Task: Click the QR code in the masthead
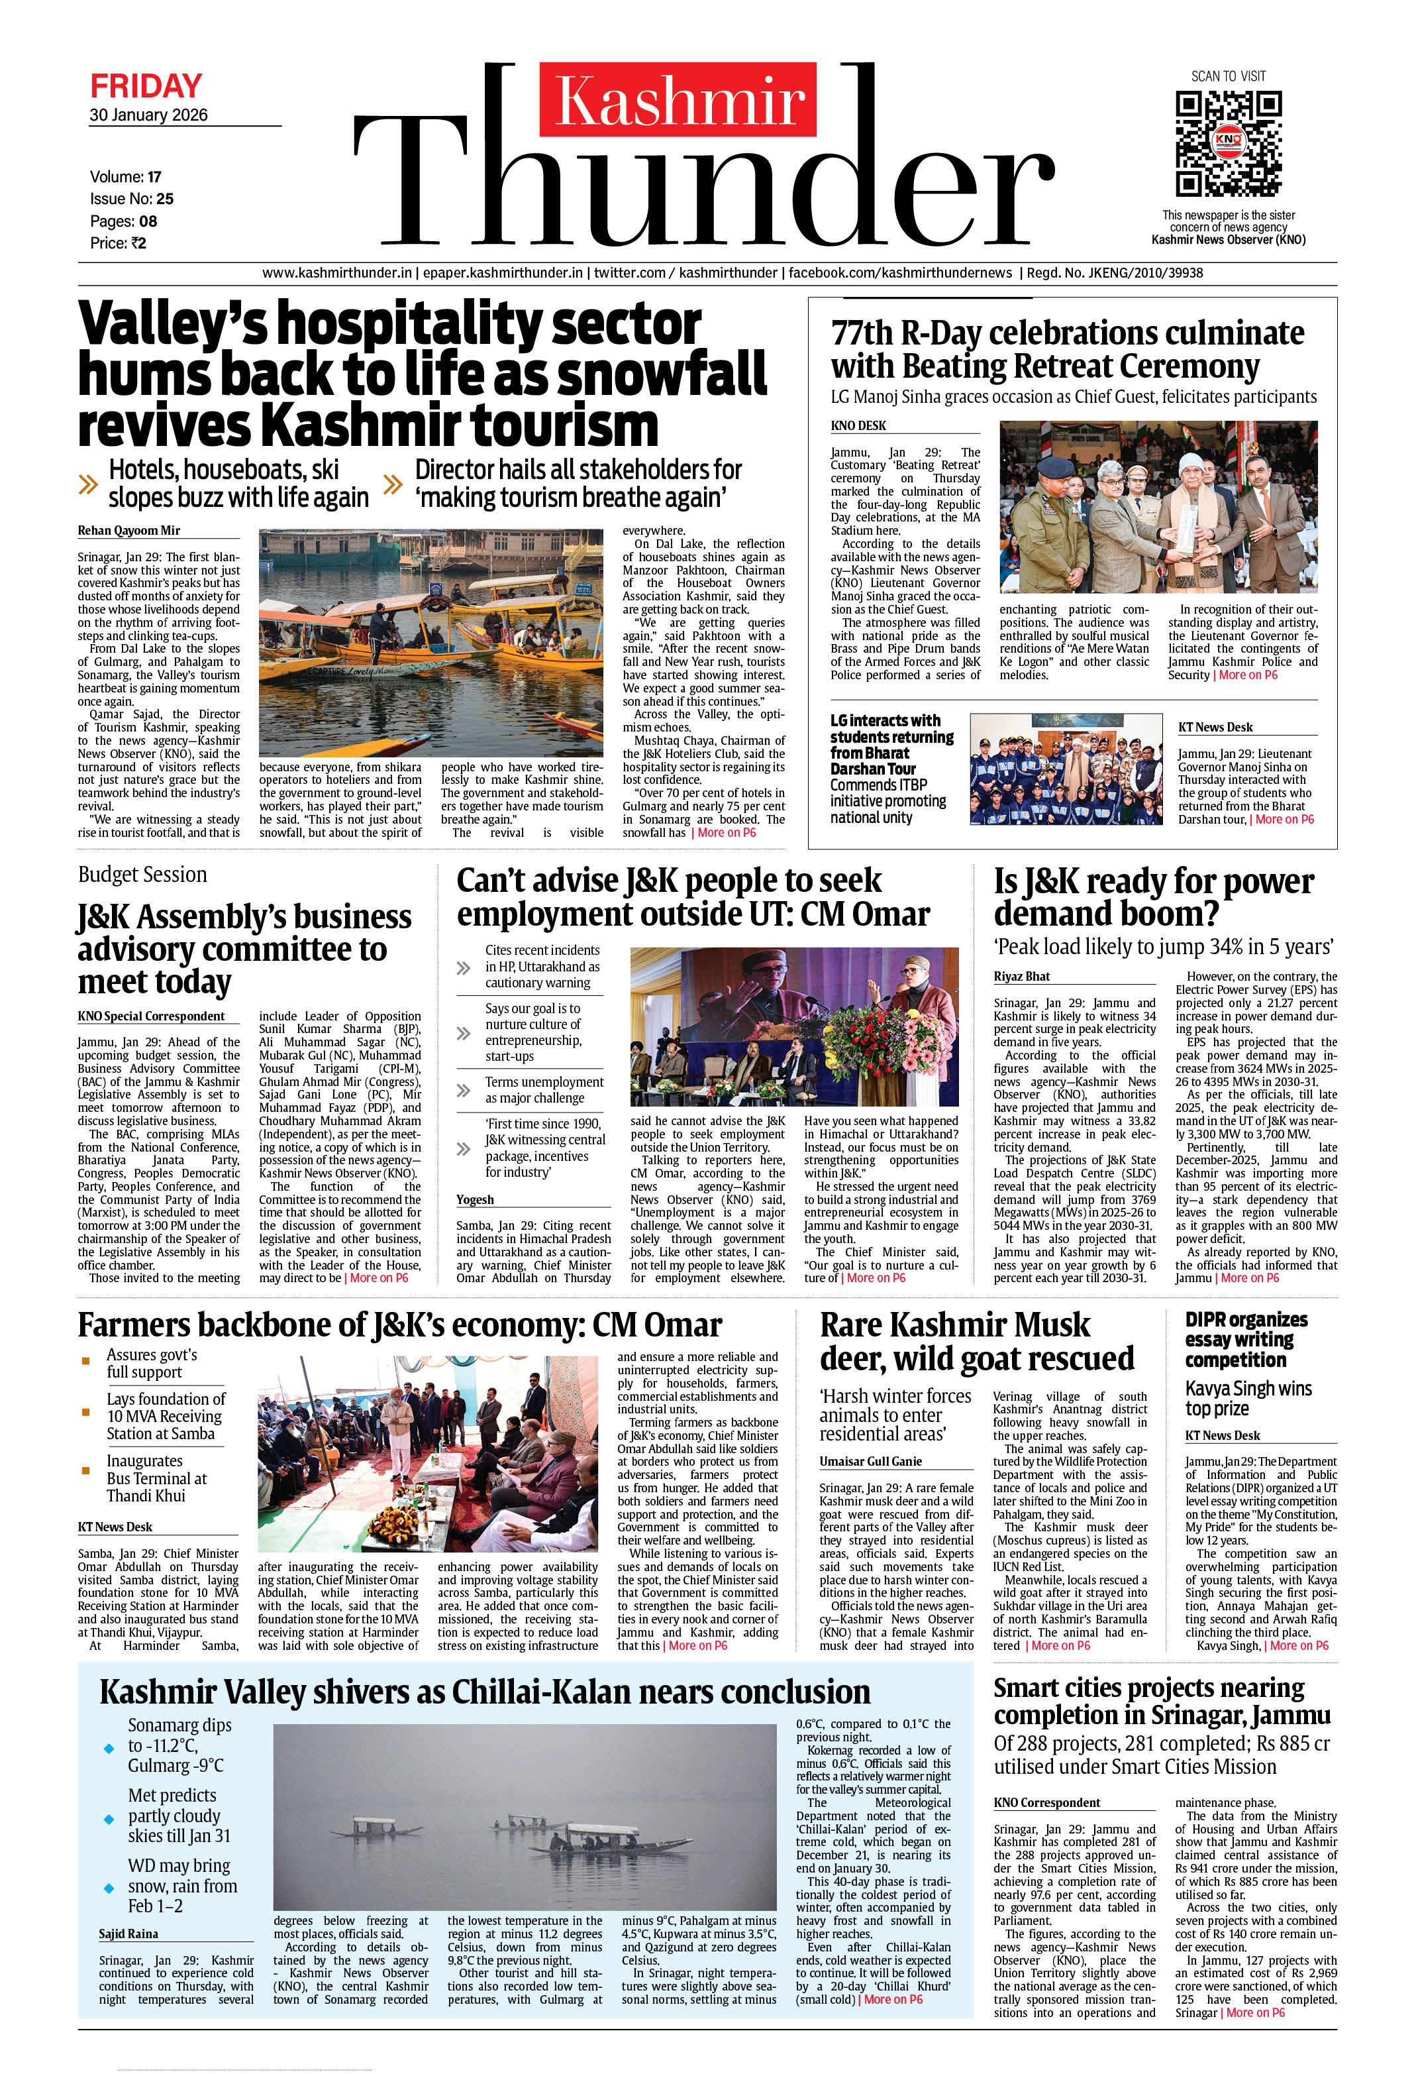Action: (1228, 142)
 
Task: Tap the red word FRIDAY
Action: (146, 87)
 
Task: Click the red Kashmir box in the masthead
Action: (678, 99)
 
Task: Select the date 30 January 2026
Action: (148, 115)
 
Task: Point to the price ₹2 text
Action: (118, 243)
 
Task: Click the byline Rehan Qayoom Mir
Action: (128, 530)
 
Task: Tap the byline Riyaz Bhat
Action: (1022, 976)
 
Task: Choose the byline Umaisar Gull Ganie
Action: (870, 1461)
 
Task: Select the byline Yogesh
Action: (475, 1199)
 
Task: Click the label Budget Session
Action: (143, 875)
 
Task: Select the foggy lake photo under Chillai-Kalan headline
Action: (524, 1821)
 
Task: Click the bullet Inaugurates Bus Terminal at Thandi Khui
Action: (156, 1478)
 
